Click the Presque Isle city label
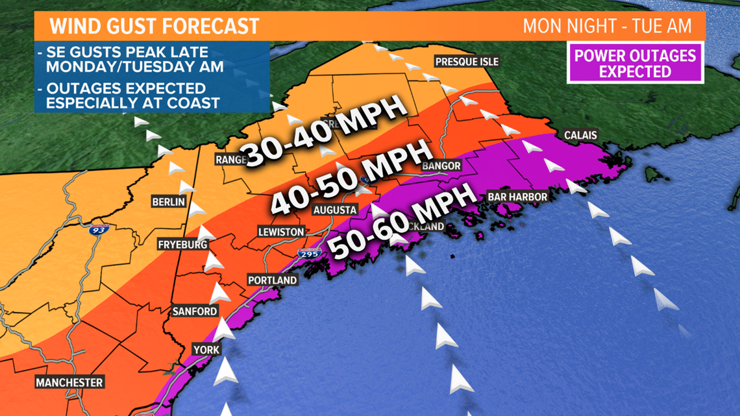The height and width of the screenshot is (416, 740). pos(466,62)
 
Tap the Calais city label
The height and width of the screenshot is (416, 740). pos(581,136)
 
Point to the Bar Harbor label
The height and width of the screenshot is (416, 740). pos(517,197)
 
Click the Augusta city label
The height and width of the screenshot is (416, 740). pos(335,210)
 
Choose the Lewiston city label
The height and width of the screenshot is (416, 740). pos(280,232)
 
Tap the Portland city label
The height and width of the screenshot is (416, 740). pos(272,280)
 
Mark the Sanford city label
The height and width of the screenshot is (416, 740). pos(195,312)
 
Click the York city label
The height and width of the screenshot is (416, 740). pos(206,350)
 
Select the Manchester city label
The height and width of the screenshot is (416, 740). pos(69,382)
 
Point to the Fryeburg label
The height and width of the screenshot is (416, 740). pos(182,245)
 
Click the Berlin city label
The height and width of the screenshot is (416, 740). pos(169,202)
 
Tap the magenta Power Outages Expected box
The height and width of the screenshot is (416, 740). pos(635,63)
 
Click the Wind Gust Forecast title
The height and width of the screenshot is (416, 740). pos(154,27)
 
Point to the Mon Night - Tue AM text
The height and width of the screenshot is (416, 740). pos(613,27)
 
